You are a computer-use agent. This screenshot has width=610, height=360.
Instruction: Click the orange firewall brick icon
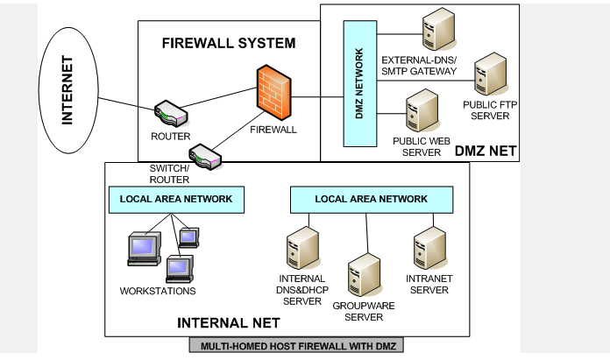(x=273, y=93)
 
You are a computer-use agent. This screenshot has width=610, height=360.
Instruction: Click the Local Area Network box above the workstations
(x=174, y=199)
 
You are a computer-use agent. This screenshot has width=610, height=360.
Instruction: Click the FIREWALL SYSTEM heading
(x=229, y=43)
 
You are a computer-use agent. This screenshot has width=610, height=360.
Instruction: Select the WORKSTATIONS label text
(x=158, y=291)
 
